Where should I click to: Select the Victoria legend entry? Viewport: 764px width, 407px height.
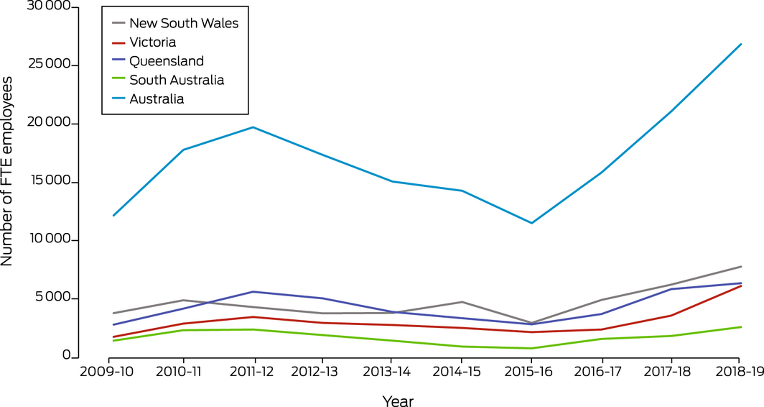point(152,42)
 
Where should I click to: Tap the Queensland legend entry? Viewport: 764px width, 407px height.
point(167,61)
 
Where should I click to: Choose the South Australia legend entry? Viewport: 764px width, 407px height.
point(177,80)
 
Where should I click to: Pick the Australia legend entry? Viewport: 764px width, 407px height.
point(157,99)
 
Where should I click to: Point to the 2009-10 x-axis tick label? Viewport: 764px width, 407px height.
point(113,372)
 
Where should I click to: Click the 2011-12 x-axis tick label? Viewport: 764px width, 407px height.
point(253,372)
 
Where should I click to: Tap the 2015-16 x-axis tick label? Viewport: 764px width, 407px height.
point(531,372)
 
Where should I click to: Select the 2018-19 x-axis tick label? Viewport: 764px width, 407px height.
point(740,372)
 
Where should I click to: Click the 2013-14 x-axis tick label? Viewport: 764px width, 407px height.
point(392,372)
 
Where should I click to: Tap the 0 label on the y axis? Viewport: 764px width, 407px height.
point(66,356)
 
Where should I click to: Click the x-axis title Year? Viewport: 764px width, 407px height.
point(397,400)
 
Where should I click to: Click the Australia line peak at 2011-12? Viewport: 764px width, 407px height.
point(253,127)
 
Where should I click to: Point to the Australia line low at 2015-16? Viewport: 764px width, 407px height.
point(531,223)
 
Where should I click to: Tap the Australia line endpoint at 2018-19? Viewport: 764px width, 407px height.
point(740,44)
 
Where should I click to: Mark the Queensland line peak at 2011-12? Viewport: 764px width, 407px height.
point(253,291)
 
